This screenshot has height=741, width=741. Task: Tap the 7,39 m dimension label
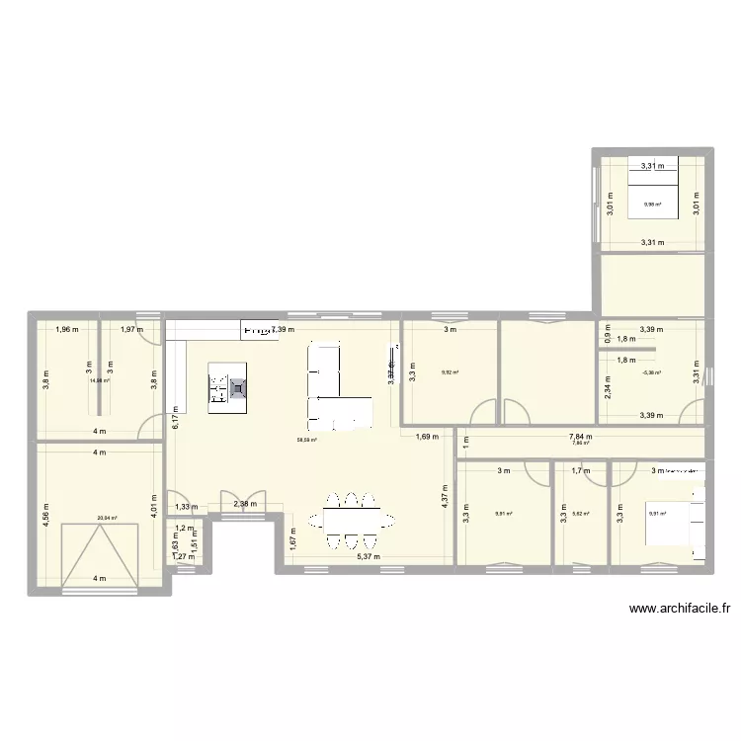point(285,330)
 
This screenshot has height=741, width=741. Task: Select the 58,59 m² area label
point(306,441)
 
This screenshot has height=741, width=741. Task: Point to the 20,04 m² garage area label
point(107,516)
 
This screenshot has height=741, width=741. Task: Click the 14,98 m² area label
point(100,379)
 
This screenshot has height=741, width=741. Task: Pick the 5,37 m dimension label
point(370,557)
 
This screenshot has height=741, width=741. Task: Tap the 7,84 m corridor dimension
point(580,435)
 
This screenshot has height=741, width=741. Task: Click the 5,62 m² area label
point(580,514)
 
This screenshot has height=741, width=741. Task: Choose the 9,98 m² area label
point(652,206)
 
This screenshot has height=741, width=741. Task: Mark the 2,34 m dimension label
point(609,393)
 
